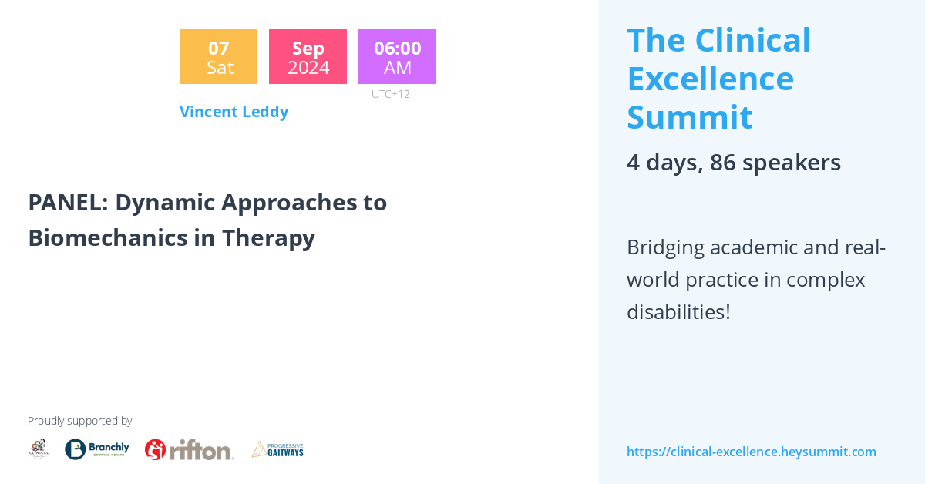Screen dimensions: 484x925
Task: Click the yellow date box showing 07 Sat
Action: tap(218, 57)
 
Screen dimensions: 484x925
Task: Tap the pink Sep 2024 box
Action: tap(308, 57)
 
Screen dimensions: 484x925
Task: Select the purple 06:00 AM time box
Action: tap(397, 57)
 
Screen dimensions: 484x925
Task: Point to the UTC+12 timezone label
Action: tap(390, 94)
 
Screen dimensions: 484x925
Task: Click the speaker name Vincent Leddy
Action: tap(234, 112)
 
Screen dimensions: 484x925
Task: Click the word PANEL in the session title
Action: tap(68, 202)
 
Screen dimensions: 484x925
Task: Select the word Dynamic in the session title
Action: tap(164, 202)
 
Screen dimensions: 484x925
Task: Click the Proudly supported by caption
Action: tap(79, 421)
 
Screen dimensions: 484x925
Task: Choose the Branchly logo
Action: tap(97, 449)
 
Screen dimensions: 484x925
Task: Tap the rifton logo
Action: tap(189, 449)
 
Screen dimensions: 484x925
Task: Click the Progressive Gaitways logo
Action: tap(277, 449)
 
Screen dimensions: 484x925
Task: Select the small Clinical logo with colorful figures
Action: tap(39, 449)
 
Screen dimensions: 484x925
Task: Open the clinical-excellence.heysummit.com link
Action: tap(751, 452)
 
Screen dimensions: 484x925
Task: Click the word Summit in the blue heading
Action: tap(689, 117)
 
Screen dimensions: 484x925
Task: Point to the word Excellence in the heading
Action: tap(710, 79)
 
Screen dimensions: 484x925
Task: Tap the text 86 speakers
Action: tap(775, 163)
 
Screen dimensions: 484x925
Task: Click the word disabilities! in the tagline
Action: tap(678, 312)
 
